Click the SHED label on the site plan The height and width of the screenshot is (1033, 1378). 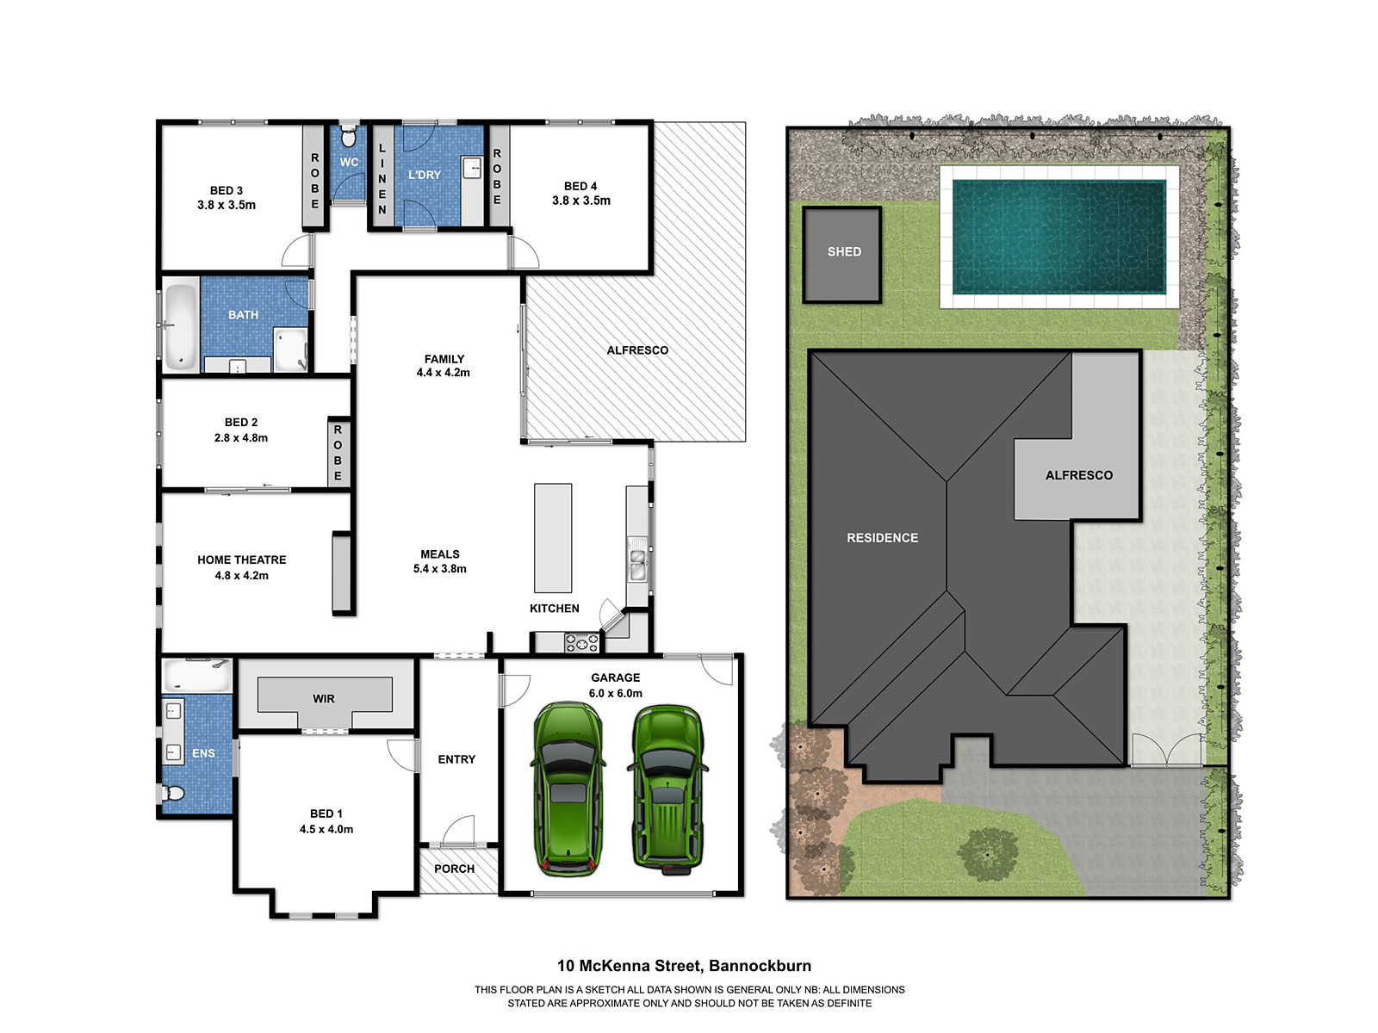(x=843, y=252)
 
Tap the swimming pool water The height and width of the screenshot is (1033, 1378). (x=1058, y=237)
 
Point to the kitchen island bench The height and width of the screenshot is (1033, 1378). (x=553, y=538)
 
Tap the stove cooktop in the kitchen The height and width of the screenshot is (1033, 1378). (x=581, y=642)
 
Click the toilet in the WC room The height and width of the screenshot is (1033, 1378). (x=348, y=137)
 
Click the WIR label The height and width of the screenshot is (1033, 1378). (x=324, y=699)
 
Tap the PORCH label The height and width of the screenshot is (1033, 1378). (x=455, y=869)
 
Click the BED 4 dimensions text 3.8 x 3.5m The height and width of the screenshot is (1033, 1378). (x=581, y=201)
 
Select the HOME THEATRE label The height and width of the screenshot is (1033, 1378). (x=241, y=560)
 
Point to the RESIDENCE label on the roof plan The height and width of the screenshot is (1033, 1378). (x=882, y=538)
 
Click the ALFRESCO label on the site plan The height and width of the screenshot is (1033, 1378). (x=1078, y=475)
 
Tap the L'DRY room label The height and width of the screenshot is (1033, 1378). (x=424, y=175)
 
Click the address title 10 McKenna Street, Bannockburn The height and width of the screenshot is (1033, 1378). (x=684, y=966)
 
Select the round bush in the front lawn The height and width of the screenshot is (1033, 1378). (x=988, y=854)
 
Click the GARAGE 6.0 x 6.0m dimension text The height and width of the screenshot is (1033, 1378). (x=615, y=693)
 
